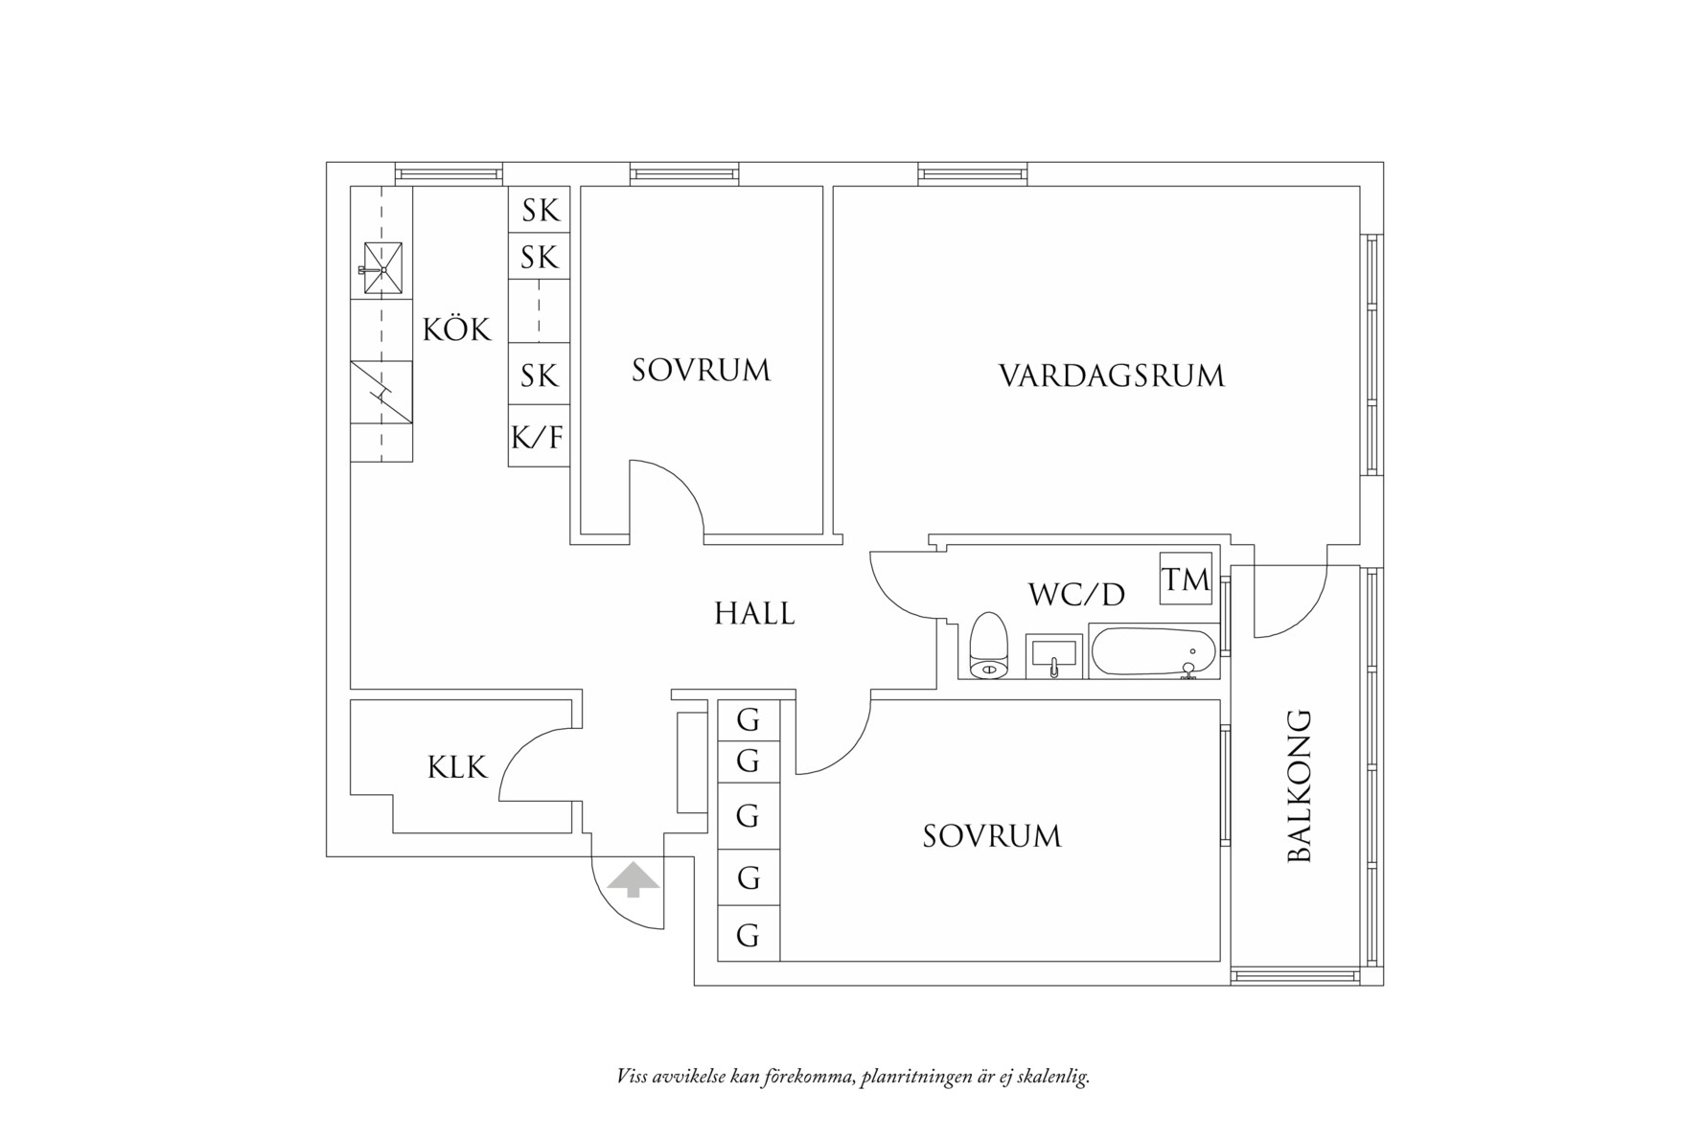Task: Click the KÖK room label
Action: click(456, 330)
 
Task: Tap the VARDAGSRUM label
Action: click(1112, 375)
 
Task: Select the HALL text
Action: click(754, 613)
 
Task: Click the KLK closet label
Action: click(457, 767)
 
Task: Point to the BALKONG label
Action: click(1299, 786)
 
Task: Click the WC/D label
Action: click(1075, 595)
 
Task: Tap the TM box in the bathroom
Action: click(1186, 579)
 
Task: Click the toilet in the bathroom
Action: click(989, 647)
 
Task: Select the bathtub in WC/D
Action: click(1153, 652)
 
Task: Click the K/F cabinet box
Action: click(538, 438)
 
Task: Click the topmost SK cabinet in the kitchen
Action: click(540, 210)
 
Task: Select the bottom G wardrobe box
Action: click(748, 935)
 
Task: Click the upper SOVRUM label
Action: click(701, 371)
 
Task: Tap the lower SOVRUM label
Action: click(992, 836)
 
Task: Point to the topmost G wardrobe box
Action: click(748, 718)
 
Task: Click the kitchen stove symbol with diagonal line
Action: click(380, 392)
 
